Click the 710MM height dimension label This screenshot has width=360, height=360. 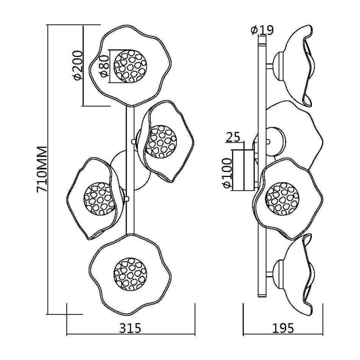[x=42, y=169]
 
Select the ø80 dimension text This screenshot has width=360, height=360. [x=104, y=66]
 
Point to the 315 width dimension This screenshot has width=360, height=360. [x=130, y=328]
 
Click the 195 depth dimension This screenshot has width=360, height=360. [x=283, y=328]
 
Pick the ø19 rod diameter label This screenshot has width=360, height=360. [x=262, y=30]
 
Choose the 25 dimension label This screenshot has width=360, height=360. [x=233, y=137]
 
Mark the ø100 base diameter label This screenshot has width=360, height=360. [x=228, y=173]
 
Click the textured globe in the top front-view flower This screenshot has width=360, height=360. [x=130, y=66]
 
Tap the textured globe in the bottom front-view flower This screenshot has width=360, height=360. [x=130, y=274]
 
